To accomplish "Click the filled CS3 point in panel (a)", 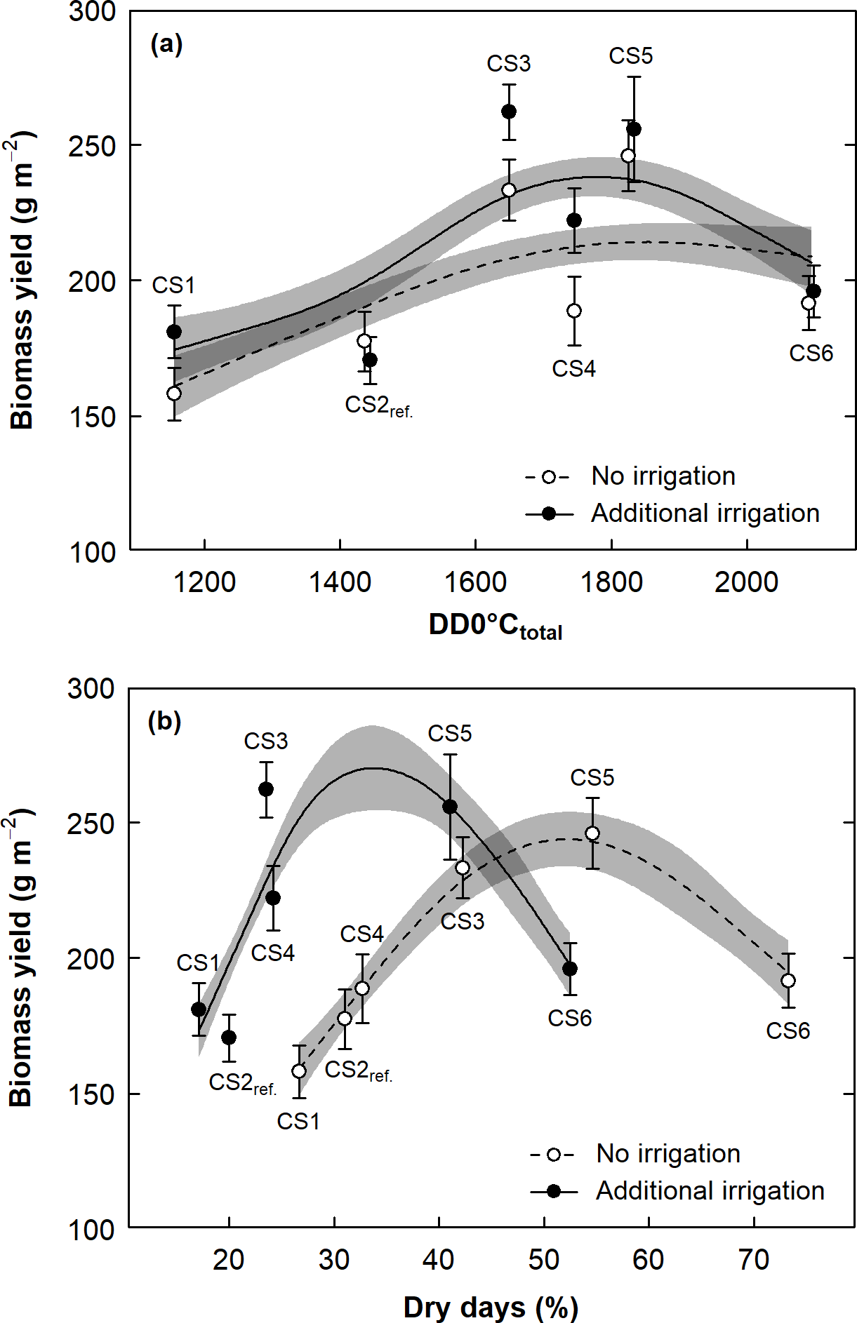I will tap(509, 112).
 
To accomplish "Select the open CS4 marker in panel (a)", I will tap(574, 311).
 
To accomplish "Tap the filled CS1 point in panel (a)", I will tap(174, 332).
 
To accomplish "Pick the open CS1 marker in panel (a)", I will tap(174, 394).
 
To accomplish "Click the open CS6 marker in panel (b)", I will tap(788, 981).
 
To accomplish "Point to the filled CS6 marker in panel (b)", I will tap(570, 969).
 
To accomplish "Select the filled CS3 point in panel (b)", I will tap(266, 789).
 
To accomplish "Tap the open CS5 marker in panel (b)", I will tap(592, 833).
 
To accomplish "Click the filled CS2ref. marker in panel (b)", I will tap(229, 1037).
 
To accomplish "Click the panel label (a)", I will tap(166, 45).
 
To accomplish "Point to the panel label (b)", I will tap(165, 721).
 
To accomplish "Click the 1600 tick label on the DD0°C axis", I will tap(475, 582).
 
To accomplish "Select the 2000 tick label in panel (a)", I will tap(746, 582).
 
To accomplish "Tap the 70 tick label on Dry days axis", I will tap(753, 1260).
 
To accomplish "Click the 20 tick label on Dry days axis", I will tap(229, 1260).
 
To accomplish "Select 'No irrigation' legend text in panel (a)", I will tap(663, 476).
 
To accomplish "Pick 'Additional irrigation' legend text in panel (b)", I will tap(710, 1190).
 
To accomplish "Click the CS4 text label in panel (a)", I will tap(573, 369).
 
